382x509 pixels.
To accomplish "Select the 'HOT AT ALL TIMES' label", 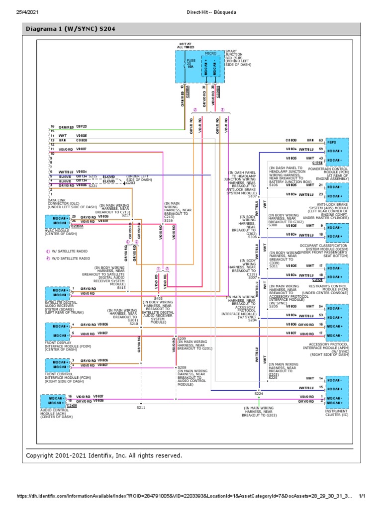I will point(187,46).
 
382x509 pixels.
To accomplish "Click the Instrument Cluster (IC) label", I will point(337,413).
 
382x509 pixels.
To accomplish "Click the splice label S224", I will point(259,393).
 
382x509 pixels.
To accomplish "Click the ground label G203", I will point(131,183).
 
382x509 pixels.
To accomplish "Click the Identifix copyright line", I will point(104,455).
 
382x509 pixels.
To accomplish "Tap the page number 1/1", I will point(362,496).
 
